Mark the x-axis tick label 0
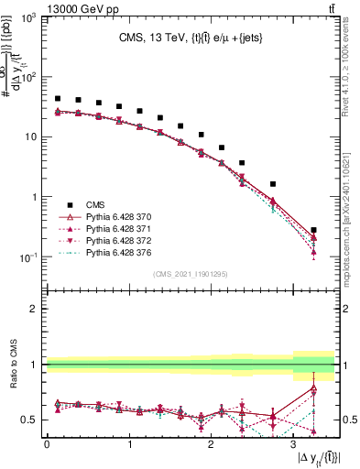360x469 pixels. point(47,443)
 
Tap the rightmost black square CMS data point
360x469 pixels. point(314,231)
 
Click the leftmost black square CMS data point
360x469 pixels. point(58,98)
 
